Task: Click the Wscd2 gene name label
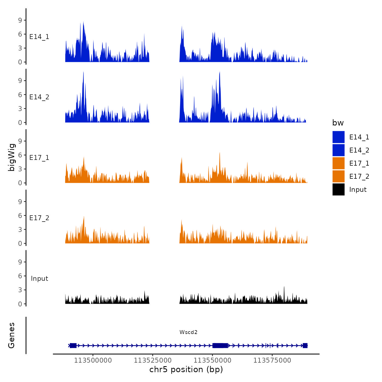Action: click(x=188, y=332)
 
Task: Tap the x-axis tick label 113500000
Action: click(x=93, y=360)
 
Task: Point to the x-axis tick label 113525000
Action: click(x=153, y=360)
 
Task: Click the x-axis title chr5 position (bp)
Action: click(x=186, y=369)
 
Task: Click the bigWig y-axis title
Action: click(x=11, y=157)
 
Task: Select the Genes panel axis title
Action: click(x=11, y=335)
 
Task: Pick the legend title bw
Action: click(x=338, y=123)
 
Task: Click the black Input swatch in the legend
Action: click(x=338, y=189)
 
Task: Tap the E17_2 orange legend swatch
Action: click(x=338, y=176)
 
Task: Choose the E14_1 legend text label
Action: click(x=359, y=137)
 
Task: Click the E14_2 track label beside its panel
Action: click(x=39, y=97)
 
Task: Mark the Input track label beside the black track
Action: click(x=39, y=279)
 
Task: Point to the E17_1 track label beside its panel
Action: click(x=39, y=158)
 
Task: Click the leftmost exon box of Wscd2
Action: click(x=73, y=345)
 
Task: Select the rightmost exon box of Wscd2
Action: click(x=305, y=345)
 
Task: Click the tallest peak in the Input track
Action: click(x=284, y=287)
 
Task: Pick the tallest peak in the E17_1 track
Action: click(x=220, y=153)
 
